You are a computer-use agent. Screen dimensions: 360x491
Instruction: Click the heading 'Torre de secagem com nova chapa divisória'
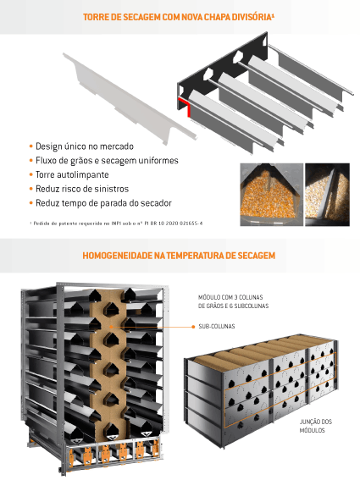[x=177, y=17]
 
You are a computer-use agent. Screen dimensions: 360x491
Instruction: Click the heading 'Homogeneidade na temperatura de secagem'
[x=179, y=256]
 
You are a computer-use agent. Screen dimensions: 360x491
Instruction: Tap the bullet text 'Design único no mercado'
[x=85, y=146]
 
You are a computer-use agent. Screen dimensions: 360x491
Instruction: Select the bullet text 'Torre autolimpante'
[x=72, y=174]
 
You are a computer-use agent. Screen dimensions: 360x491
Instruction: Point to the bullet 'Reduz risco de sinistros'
[x=82, y=189]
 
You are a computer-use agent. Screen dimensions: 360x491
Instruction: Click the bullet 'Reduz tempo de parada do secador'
[x=103, y=203]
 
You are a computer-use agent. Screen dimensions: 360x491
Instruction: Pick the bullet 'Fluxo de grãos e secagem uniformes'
[x=107, y=160]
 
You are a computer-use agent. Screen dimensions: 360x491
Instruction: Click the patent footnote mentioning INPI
[x=116, y=223]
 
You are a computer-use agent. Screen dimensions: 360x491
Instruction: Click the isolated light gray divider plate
[x=130, y=99]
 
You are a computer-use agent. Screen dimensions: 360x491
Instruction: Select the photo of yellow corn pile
[x=271, y=194]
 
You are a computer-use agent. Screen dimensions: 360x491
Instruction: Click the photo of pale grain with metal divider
[x=328, y=194]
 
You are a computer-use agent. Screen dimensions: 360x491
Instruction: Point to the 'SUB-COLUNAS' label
[x=217, y=326]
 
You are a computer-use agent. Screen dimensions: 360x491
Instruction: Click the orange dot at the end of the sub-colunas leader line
[x=193, y=327]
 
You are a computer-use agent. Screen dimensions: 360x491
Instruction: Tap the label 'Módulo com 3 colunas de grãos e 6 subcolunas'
[x=233, y=301]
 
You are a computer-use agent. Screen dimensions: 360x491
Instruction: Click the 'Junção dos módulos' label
[x=315, y=426]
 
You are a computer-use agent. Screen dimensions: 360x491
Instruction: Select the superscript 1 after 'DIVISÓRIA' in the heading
[x=273, y=14]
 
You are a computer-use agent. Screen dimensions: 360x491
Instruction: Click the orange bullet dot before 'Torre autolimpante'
[x=31, y=174]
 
